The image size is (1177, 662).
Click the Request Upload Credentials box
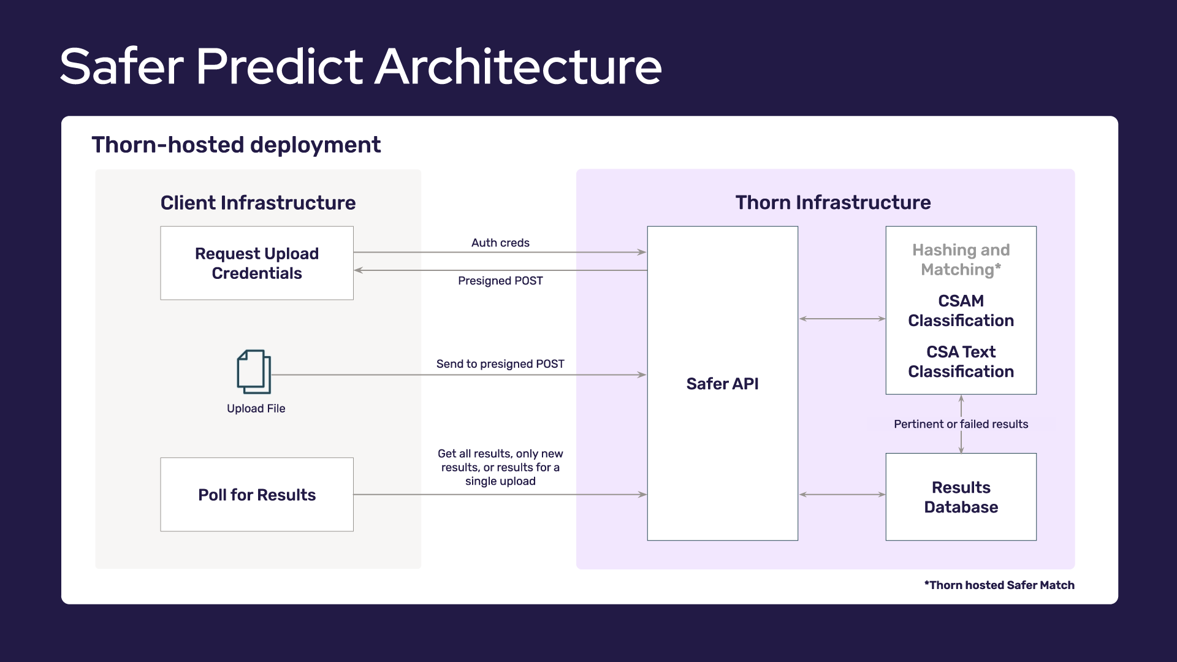(257, 263)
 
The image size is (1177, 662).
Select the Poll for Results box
(257, 495)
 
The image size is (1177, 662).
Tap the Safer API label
(722, 384)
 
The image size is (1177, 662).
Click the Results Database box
(961, 497)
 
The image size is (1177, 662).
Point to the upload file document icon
(254, 371)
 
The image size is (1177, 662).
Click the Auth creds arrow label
(500, 243)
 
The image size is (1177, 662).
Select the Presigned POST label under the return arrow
(500, 281)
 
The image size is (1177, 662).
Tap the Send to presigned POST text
(500, 363)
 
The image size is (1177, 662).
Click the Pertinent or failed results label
(961, 424)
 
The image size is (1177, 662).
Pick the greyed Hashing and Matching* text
(961, 260)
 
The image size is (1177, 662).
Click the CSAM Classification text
(961, 311)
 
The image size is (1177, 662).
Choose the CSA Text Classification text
(961, 362)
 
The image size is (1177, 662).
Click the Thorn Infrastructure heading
(832, 202)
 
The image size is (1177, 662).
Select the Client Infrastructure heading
(258, 203)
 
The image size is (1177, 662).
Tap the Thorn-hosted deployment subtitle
(236, 145)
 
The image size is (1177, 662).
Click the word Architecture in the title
(518, 66)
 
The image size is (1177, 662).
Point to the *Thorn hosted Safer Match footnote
(999, 585)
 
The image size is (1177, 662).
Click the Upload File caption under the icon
(256, 409)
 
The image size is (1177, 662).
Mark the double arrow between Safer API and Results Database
(842, 495)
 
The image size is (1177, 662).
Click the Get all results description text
(500, 467)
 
